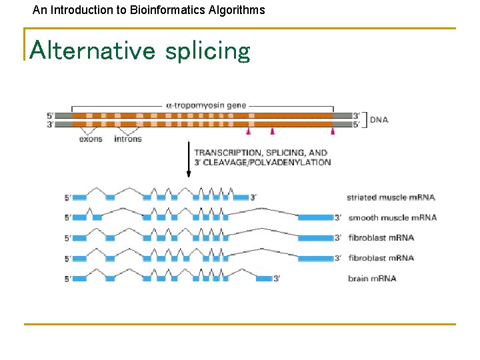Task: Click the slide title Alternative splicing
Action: (140, 50)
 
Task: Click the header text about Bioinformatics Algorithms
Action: (149, 10)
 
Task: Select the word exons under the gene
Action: (91, 139)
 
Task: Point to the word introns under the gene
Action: (128, 139)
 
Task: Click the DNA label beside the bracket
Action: (379, 120)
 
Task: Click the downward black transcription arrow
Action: (189, 160)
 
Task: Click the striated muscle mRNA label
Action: (391, 197)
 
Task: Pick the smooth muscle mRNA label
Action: (392, 217)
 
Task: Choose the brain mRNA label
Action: (372, 278)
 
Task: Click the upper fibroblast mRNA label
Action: (381, 237)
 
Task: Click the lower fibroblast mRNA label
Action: (381, 258)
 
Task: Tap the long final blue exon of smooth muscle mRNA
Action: (315, 217)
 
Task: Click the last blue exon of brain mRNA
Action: (264, 278)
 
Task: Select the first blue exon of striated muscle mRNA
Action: (79, 197)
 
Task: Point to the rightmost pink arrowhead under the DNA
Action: (333, 131)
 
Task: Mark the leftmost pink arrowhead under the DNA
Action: (251, 131)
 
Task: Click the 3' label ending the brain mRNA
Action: (277, 278)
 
